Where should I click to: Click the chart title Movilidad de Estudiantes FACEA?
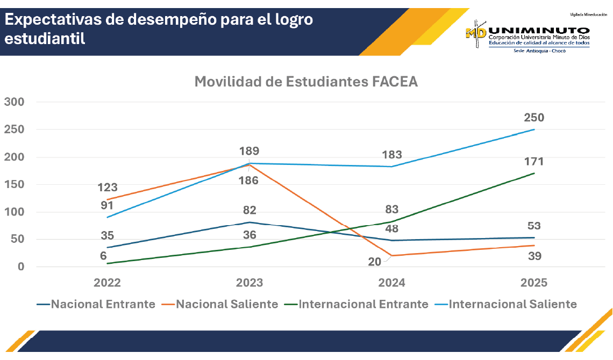coord(306,82)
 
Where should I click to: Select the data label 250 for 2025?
coord(534,118)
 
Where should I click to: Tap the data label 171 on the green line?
coord(534,161)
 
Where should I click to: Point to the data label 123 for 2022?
coord(108,188)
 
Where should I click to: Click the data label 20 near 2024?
coord(375,262)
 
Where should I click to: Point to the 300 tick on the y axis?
coord(14,102)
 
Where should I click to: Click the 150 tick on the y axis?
coord(14,184)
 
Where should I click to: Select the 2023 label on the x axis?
coord(250,283)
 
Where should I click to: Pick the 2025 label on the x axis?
coord(533,283)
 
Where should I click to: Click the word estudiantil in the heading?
coord(45,39)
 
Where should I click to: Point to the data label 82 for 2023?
coord(250,210)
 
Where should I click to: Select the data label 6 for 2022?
coord(103,256)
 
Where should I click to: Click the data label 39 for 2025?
coord(534,256)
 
